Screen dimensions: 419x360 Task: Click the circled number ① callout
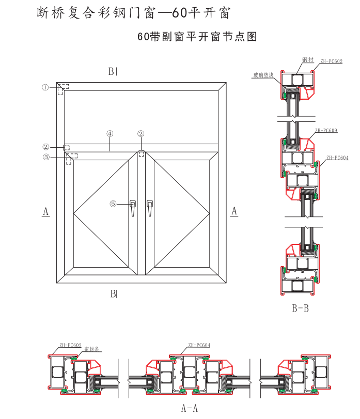coord(45,87)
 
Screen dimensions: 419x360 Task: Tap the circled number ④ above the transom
coord(109,133)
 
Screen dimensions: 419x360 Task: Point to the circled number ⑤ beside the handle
coord(113,204)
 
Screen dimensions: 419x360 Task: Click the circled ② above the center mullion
coord(141,133)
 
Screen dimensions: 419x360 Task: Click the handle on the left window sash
coord(133,208)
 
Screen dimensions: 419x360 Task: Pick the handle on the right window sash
coord(150,208)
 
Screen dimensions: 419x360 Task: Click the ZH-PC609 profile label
coord(326,131)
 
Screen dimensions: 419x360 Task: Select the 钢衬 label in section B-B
coord(307,60)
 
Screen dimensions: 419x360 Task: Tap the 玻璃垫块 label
coord(263,75)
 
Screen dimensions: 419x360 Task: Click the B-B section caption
coord(300,309)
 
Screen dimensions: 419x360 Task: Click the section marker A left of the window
coord(45,211)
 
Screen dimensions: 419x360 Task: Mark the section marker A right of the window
coord(234,211)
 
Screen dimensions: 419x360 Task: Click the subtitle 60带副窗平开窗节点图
coord(197,37)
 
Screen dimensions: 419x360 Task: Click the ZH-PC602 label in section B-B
coord(331,60)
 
